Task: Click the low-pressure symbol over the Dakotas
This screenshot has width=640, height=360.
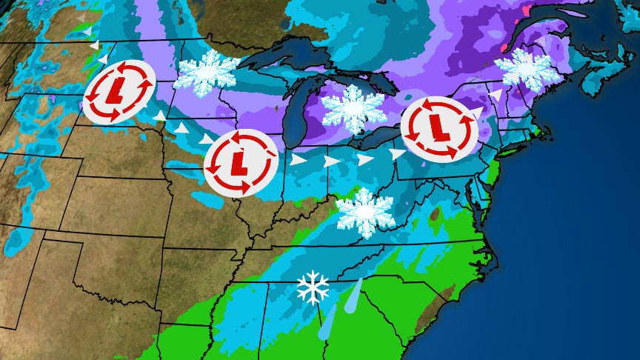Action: coord(118,91)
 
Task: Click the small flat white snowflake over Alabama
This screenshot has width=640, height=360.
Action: coord(313,287)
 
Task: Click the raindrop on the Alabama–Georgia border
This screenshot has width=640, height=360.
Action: coord(327,322)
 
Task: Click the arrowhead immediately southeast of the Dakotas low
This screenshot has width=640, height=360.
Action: coord(160,116)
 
